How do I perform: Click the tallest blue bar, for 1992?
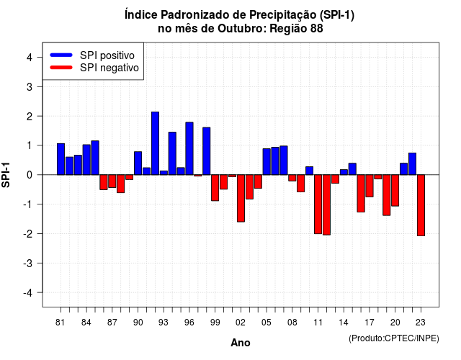155,143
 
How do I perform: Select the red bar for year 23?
421,205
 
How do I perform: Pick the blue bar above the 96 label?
189,148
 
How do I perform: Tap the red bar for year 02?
241,199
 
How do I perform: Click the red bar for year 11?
318,204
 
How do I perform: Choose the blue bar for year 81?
61,159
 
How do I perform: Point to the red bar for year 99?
215,188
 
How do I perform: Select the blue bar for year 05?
267,161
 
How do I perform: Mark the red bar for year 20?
395,190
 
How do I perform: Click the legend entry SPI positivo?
107,55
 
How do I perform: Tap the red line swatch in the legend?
61,68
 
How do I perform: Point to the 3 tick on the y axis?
40,86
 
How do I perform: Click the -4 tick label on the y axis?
28,293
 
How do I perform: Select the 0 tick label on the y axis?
30,175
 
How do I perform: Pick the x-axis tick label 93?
164,323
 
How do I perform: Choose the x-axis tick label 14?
344,323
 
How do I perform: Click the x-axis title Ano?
241,343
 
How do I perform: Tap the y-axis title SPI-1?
6,175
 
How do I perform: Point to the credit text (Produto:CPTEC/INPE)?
394,338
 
